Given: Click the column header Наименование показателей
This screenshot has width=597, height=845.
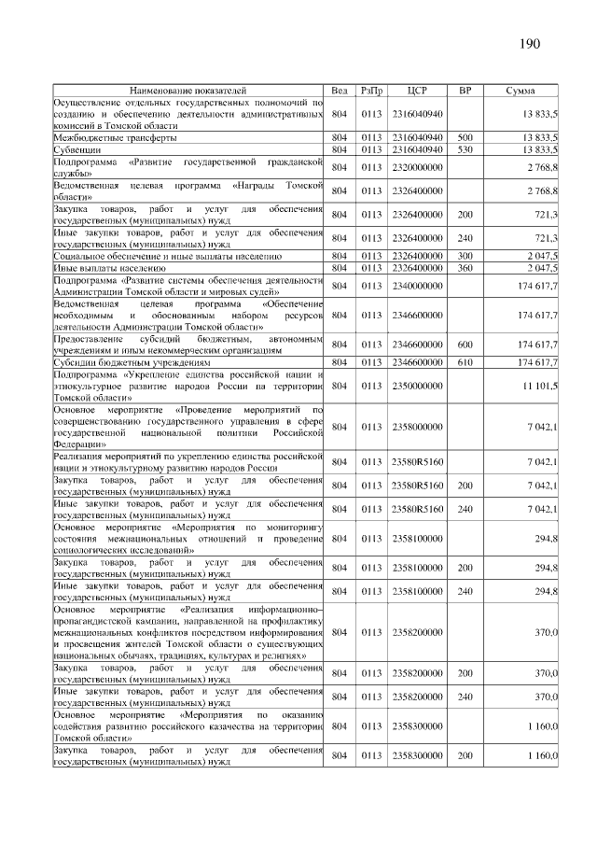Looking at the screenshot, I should [x=188, y=90].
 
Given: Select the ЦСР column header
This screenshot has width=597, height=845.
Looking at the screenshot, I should [x=417, y=90].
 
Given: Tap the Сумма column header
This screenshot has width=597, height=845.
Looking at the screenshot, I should [x=519, y=90].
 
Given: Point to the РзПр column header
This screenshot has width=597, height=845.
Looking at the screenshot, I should [x=372, y=90].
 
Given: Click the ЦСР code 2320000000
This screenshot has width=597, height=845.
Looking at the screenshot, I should [x=417, y=166].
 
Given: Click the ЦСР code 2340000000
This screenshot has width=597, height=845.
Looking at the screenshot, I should [x=417, y=285].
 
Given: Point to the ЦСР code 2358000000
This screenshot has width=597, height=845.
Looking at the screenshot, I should [x=417, y=427].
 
